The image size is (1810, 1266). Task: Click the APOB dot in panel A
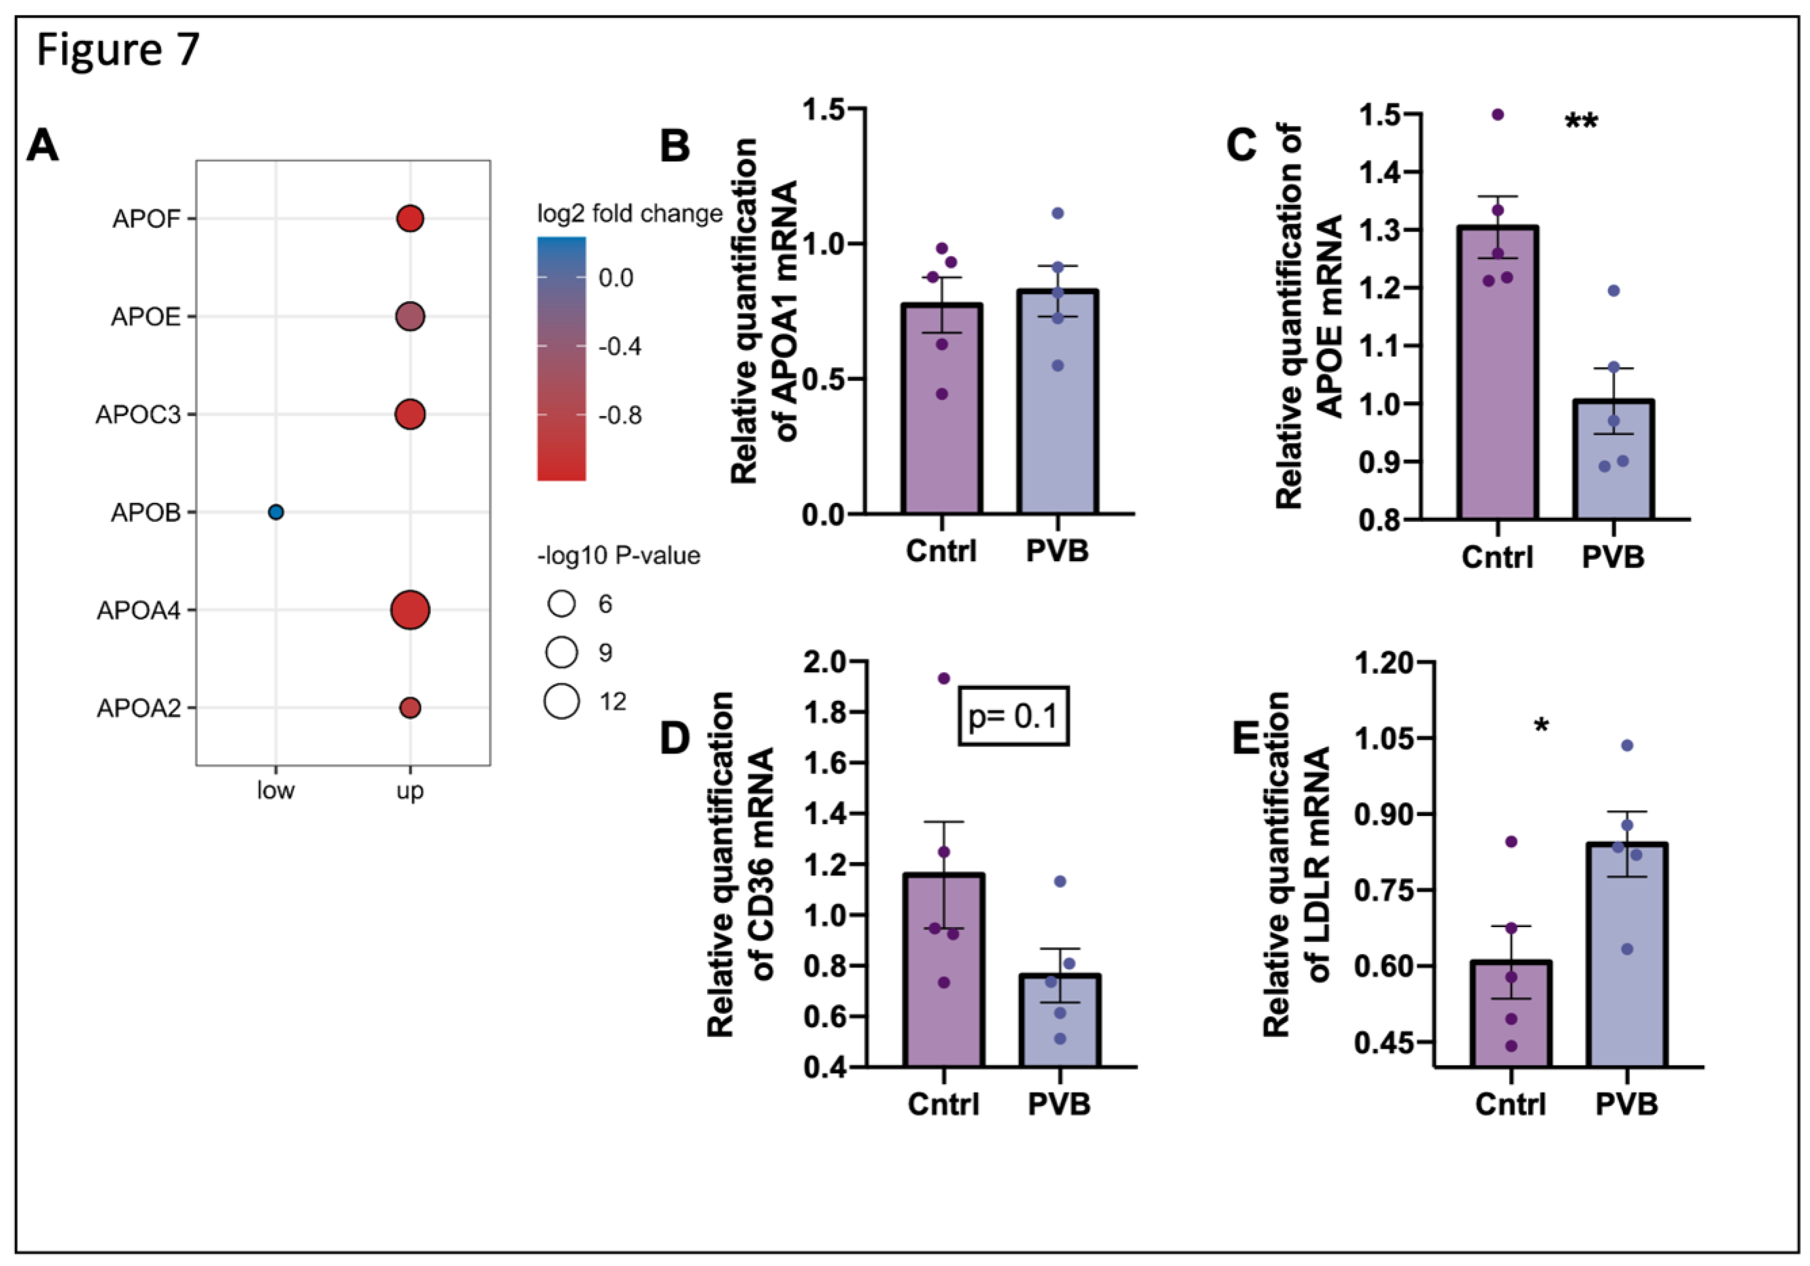pos(275,512)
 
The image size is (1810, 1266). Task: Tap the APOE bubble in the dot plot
pos(410,317)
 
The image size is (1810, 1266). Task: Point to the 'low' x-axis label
pos(275,791)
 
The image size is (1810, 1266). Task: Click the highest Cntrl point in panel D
pos(944,678)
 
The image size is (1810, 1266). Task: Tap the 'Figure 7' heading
pos(118,50)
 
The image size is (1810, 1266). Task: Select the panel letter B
pos(675,147)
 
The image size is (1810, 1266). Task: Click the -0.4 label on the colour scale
pos(620,347)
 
